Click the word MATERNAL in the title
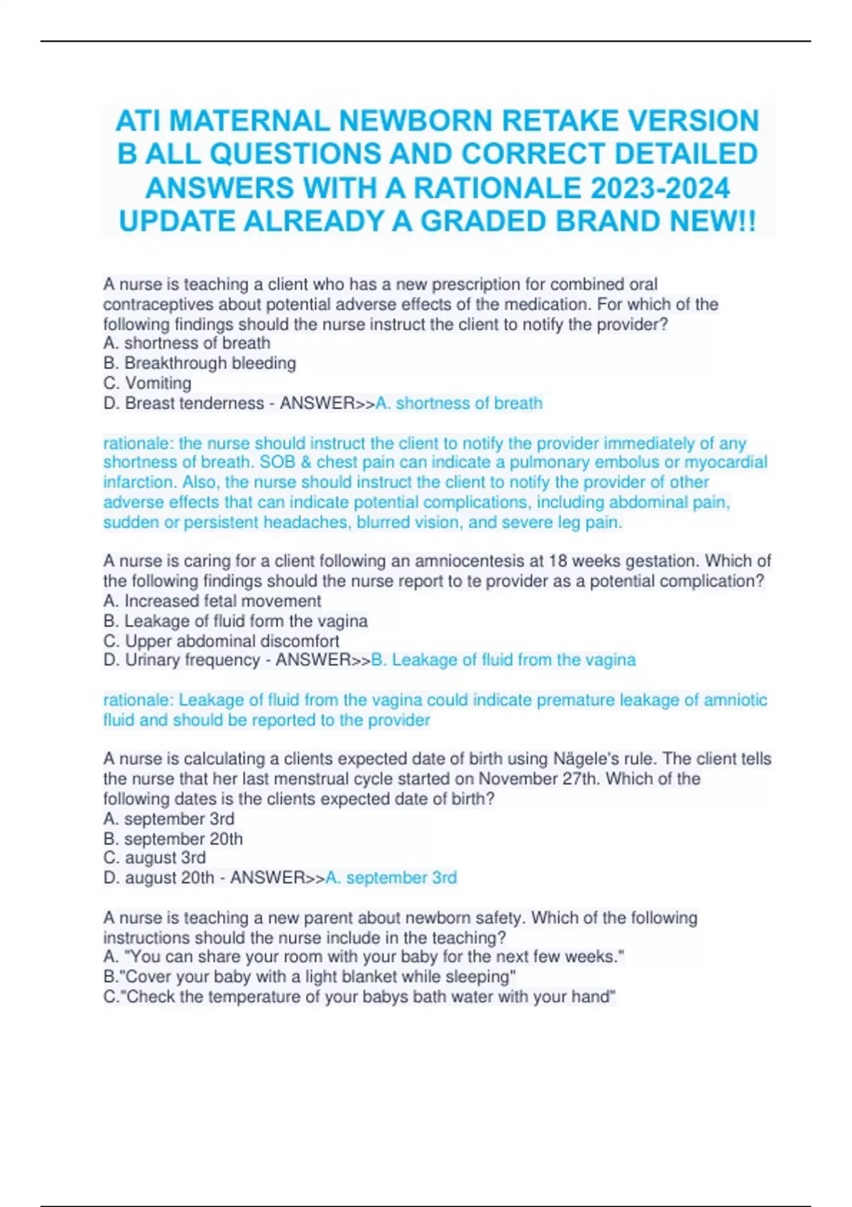click(250, 121)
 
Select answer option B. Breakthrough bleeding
click(200, 363)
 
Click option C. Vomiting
click(148, 383)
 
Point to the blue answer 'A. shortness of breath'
click(459, 403)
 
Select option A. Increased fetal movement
click(212, 601)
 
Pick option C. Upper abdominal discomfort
click(222, 640)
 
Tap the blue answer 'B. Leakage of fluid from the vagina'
click(503, 660)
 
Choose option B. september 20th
click(173, 839)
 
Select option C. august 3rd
click(155, 858)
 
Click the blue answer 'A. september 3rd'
click(391, 878)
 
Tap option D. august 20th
click(159, 878)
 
